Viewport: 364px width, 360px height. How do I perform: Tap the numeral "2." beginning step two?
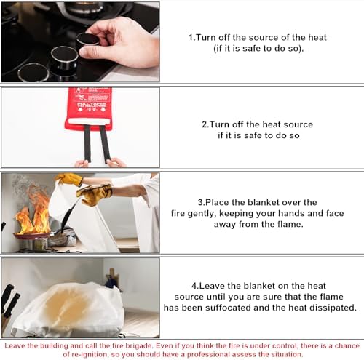(205, 124)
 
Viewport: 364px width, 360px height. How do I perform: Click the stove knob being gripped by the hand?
(87, 41)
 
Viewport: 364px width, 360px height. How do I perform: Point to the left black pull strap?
(87, 143)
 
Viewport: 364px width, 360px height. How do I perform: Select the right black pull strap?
(105, 143)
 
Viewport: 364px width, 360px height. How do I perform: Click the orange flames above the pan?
(33, 213)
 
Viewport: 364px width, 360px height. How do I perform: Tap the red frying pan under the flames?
(32, 235)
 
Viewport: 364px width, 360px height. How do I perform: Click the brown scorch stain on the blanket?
(66, 305)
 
